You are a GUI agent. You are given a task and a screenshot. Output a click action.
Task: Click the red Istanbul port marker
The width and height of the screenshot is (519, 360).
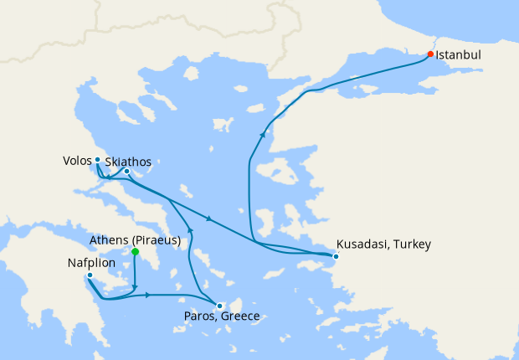pos(430,54)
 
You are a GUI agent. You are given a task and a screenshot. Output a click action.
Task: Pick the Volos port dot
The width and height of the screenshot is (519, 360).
pos(97,159)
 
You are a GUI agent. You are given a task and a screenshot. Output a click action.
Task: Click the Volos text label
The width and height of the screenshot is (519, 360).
pos(77,159)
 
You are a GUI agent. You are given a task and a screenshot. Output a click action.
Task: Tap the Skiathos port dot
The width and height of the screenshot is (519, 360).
pos(126,172)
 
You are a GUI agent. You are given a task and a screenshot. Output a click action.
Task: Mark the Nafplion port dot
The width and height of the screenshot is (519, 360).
pos(90,275)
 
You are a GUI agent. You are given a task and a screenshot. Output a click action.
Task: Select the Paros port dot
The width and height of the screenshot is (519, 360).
pos(218,306)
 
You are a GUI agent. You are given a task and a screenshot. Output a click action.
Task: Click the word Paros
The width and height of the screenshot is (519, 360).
pos(198,316)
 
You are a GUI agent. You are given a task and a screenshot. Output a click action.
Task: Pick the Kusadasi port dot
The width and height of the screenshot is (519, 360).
pos(335,256)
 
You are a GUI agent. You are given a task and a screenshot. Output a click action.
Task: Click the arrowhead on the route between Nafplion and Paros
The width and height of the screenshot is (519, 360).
pos(147,295)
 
